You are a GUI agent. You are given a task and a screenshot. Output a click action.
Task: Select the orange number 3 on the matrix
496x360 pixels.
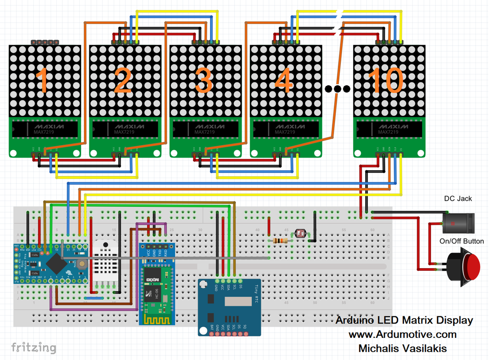tap(204, 80)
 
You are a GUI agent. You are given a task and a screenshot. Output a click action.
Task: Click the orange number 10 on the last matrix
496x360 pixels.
tap(386, 80)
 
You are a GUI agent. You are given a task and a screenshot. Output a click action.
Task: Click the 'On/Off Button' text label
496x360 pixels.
tap(461, 241)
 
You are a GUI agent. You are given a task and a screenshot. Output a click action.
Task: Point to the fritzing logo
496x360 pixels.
tap(34, 347)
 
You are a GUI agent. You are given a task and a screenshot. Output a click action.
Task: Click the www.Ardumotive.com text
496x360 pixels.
tap(402, 334)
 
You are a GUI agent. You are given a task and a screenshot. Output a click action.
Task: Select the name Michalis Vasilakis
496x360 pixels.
tap(402, 348)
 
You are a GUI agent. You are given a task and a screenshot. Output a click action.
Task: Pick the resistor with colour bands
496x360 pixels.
tap(280, 241)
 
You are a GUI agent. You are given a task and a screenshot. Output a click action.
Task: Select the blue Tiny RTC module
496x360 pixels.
tap(229, 306)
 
